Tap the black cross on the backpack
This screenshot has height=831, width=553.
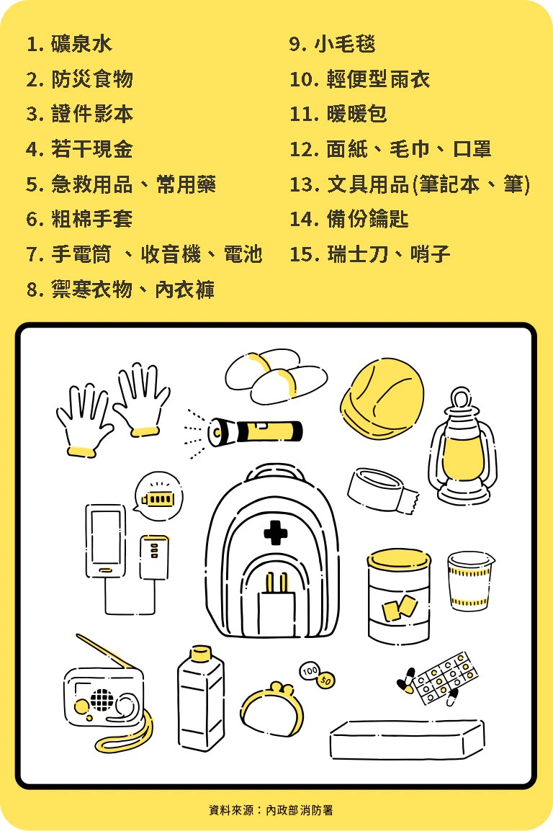[276, 533]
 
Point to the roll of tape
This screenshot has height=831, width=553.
[382, 490]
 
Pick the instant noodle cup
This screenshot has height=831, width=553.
[470, 581]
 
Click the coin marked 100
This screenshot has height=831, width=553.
[310, 671]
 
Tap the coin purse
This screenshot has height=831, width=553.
[272, 709]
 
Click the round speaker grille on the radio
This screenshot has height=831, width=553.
[102, 699]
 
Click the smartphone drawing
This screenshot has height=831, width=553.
[106, 541]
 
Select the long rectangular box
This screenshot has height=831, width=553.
[407, 740]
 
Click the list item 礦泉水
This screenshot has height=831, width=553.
[81, 44]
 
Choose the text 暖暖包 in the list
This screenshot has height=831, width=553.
[357, 114]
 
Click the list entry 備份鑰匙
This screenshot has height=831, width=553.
[368, 219]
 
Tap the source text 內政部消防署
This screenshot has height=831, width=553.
[300, 810]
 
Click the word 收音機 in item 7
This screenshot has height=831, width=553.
[171, 254]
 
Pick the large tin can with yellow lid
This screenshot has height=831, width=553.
[399, 596]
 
